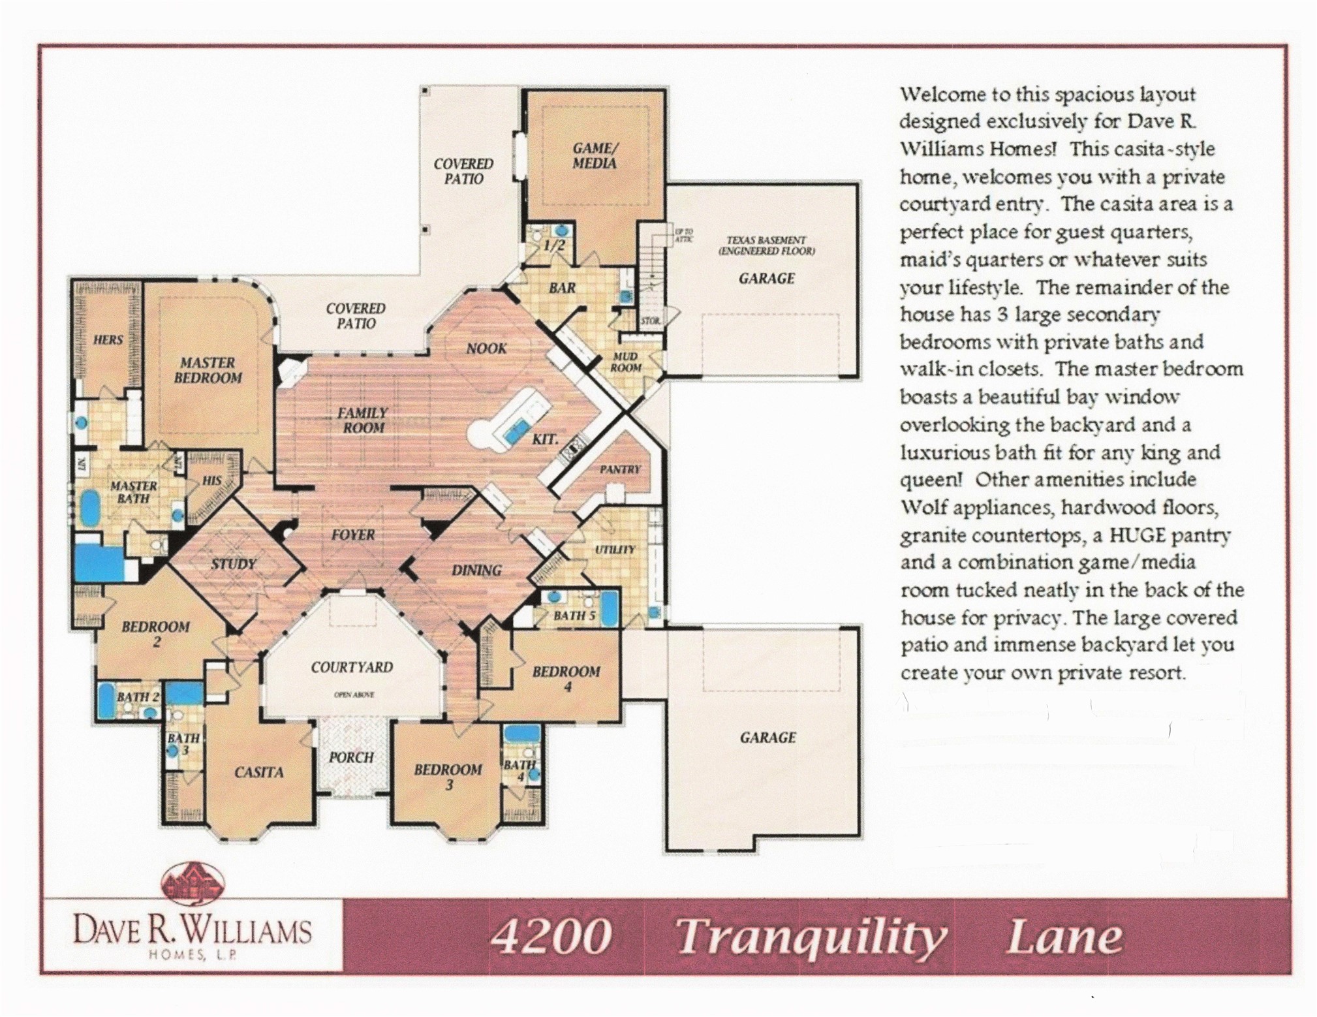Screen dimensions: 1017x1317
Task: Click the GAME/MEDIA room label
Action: (x=594, y=156)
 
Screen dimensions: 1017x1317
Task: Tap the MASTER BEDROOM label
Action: (x=208, y=370)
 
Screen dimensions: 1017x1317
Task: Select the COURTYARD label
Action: (x=352, y=667)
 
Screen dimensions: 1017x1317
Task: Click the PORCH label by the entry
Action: (x=351, y=757)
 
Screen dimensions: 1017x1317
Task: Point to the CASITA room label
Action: (x=259, y=772)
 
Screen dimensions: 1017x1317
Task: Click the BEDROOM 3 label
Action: (x=448, y=777)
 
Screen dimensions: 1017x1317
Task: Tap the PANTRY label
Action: (x=620, y=469)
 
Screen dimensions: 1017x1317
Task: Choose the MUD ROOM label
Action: (x=625, y=362)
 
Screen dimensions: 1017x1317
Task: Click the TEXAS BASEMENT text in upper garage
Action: (x=766, y=240)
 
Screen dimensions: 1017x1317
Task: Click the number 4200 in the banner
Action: (x=550, y=937)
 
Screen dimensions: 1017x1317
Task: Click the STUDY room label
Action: (x=233, y=563)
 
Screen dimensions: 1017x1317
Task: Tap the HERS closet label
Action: (x=108, y=339)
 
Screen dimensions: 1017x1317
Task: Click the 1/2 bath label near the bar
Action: (x=554, y=246)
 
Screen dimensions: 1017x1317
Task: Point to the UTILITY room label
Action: (x=614, y=550)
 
